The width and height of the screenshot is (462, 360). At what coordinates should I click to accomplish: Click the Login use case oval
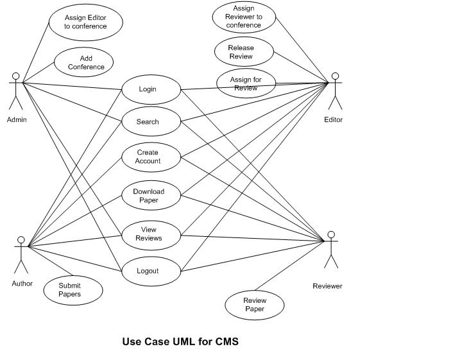pyautogui.click(x=151, y=89)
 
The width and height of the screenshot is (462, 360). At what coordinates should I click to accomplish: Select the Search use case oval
pyautogui.click(x=151, y=122)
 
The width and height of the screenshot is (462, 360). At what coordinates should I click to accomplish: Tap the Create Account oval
pyautogui.click(x=151, y=157)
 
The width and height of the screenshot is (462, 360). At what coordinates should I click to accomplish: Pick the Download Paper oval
pyautogui.click(x=151, y=196)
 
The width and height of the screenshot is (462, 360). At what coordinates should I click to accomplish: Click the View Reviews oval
pyautogui.click(x=151, y=234)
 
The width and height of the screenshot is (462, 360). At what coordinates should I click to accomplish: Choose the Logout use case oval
pyautogui.click(x=151, y=271)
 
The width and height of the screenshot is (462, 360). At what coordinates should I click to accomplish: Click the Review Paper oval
pyautogui.click(x=255, y=305)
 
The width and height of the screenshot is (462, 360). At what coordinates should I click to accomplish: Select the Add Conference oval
pyautogui.click(x=83, y=63)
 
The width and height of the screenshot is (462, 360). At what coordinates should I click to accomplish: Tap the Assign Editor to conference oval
pyautogui.click(x=85, y=22)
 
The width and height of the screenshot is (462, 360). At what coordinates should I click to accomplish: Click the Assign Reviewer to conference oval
pyautogui.click(x=244, y=17)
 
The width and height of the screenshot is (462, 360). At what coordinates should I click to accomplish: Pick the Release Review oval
pyautogui.click(x=242, y=52)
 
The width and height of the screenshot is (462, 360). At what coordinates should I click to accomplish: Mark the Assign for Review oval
pyautogui.click(x=246, y=84)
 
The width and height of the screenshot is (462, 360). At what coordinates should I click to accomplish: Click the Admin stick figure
pyautogui.click(x=15, y=91)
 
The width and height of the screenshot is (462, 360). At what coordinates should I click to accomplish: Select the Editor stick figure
pyautogui.click(x=334, y=91)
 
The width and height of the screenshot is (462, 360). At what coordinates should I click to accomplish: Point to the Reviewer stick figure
pyautogui.click(x=330, y=249)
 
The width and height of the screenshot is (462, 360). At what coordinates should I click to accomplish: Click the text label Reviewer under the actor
pyautogui.click(x=327, y=286)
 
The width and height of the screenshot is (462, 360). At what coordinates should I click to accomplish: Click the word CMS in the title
pyautogui.click(x=227, y=341)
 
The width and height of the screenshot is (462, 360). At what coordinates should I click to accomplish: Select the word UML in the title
pyautogui.click(x=184, y=341)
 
